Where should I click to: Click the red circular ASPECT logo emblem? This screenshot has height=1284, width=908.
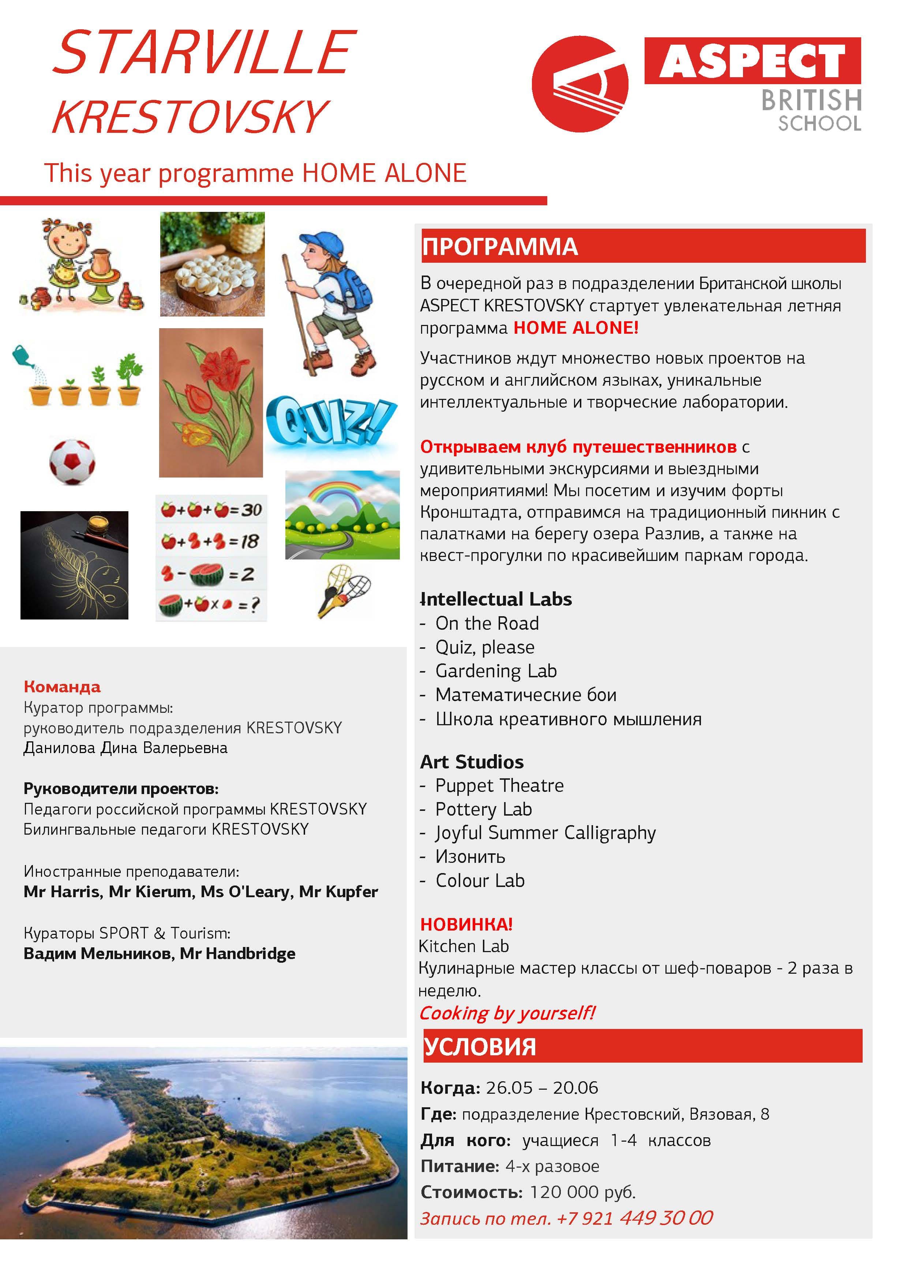pos(580,84)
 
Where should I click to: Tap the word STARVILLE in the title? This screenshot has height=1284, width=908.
pos(205,53)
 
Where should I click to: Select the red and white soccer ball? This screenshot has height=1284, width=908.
pos(72,462)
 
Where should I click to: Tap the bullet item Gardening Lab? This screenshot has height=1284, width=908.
pos(495,670)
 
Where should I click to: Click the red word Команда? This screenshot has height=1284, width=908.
pos(62,687)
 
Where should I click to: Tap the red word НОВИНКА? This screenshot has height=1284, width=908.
pos(466,924)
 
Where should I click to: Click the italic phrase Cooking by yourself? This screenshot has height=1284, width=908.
pos(507,1013)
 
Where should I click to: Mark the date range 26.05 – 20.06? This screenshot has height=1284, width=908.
pos(541,1088)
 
